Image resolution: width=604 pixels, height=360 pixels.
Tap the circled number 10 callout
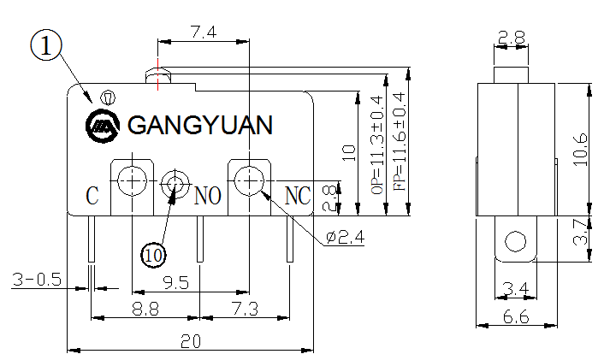tap(154, 254)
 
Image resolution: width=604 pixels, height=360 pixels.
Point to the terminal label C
tap(92, 196)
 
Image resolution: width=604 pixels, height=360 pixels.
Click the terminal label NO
tap(208, 196)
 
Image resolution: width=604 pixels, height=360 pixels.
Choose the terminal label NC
tap(296, 196)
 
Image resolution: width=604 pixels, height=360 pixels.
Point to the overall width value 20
tap(190, 341)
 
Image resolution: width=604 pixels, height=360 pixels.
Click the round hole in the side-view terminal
tap(515, 242)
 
